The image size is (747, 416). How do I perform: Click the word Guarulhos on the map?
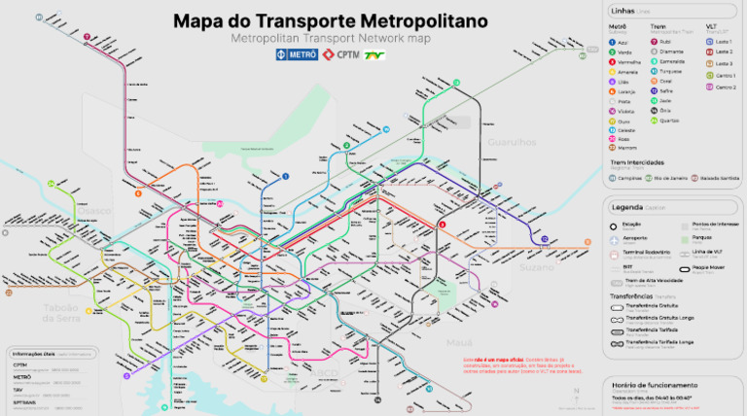tap(516, 142)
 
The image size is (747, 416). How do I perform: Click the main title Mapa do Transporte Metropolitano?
tap(330, 20)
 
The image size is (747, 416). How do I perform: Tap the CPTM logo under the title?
tap(339, 55)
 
